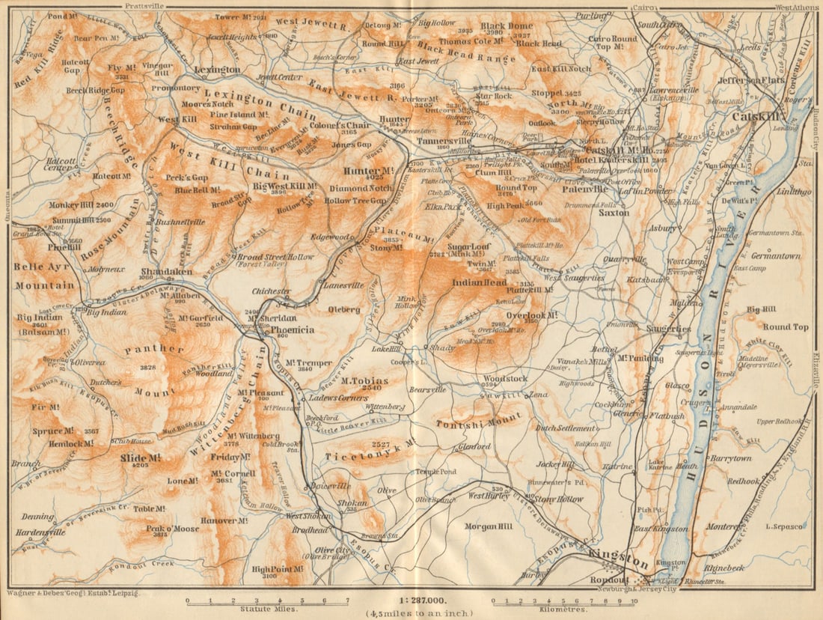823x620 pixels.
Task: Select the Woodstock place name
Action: click(505, 379)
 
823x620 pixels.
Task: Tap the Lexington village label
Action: click(217, 70)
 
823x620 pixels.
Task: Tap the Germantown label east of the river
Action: click(775, 255)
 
